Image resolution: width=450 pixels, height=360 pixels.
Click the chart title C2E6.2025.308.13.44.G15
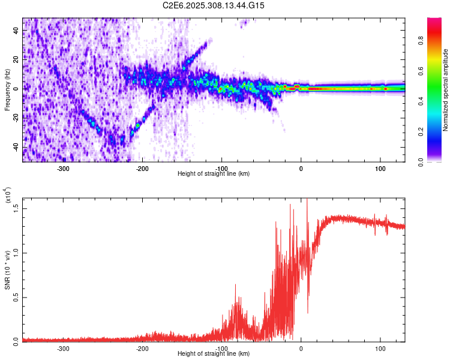[x=214, y=5]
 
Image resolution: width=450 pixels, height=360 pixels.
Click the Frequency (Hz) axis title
[x=7, y=90]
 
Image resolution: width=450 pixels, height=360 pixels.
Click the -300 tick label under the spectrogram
[x=64, y=169]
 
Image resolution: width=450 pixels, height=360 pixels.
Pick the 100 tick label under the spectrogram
[x=380, y=169]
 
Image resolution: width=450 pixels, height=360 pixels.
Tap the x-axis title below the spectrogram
[x=214, y=173]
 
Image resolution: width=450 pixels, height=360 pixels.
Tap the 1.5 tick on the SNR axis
[x=16, y=208]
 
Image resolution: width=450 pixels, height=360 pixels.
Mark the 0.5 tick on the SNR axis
[x=16, y=296]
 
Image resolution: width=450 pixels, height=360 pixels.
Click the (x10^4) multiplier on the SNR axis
[x=8, y=196]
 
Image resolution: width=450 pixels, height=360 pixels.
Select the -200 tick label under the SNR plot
[x=143, y=348]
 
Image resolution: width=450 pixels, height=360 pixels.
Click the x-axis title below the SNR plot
[x=214, y=354]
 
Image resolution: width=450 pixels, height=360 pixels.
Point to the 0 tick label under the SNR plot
[x=301, y=348]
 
